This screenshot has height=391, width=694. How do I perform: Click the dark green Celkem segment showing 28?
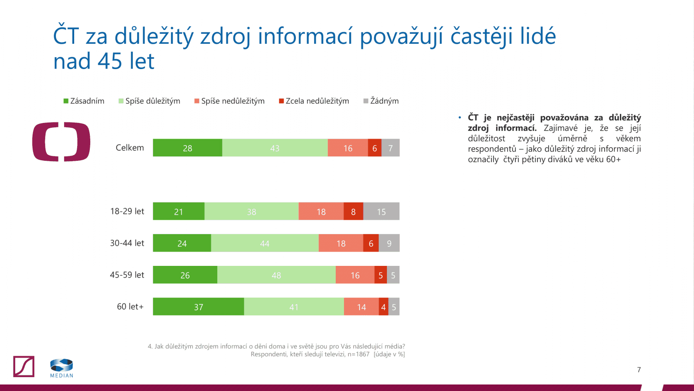point(187,148)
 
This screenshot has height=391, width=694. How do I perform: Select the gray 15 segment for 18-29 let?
point(381,212)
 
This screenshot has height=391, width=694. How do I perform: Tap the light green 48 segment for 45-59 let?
point(276,275)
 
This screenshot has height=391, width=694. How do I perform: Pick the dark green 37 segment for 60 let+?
point(198,307)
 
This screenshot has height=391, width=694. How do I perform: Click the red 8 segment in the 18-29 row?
point(353,212)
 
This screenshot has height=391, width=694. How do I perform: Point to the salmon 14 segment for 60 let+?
point(361,307)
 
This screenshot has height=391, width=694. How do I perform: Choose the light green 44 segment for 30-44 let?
point(265,243)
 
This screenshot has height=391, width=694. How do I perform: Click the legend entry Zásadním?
point(84,101)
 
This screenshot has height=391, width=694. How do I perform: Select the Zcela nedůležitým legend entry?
point(314,101)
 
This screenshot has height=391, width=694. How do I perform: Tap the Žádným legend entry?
point(381,101)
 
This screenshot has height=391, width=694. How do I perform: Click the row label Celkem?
point(130,148)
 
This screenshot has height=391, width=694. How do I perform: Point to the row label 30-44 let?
point(127,243)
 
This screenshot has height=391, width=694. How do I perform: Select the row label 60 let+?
point(130,307)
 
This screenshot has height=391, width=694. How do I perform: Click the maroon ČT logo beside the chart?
point(61,142)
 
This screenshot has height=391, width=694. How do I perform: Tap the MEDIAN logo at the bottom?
point(62,368)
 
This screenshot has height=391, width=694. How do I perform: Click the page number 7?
point(639,370)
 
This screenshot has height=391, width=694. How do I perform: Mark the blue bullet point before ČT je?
point(460,118)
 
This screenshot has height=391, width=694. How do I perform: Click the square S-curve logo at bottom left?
point(24,366)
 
